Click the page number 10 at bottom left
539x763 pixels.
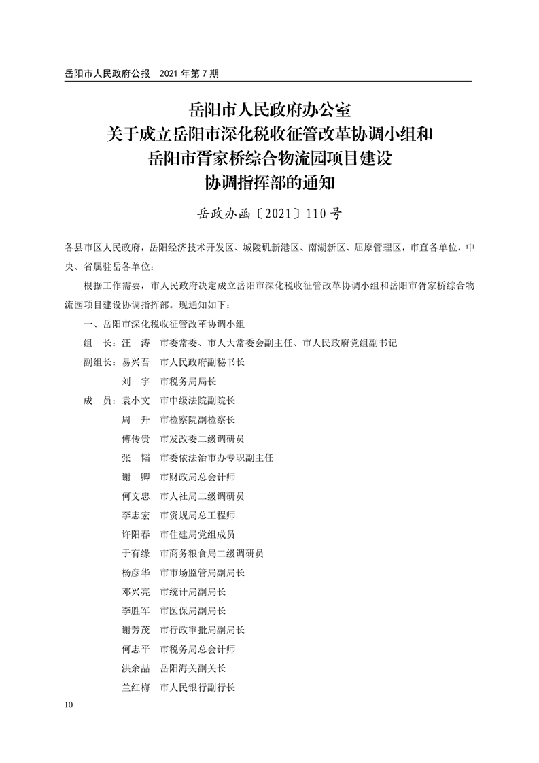65,705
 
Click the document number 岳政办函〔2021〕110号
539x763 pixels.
268,214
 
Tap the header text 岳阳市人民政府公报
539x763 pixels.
105,73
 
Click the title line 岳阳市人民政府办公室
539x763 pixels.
269,109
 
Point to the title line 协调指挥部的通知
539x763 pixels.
269,183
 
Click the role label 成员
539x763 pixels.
97,401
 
